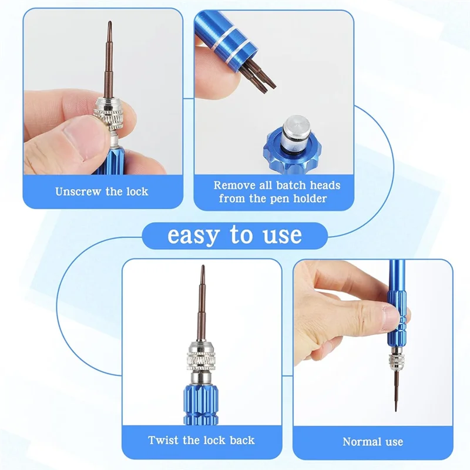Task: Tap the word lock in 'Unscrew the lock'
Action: coord(137,192)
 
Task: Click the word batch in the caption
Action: coord(291,185)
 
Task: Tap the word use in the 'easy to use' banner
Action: coord(283,236)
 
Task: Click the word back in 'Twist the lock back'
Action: coord(242,440)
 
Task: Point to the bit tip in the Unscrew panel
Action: coord(110,23)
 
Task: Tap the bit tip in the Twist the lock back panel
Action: coord(203,267)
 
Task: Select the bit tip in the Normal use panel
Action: coord(395,408)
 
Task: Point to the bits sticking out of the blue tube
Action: coord(258,76)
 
